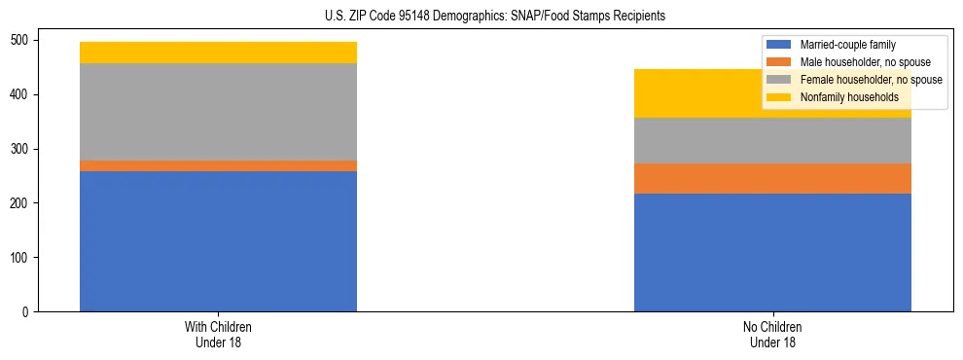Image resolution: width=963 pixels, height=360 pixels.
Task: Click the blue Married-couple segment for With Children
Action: [x=218, y=241]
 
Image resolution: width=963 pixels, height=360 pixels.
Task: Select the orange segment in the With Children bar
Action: [x=218, y=166]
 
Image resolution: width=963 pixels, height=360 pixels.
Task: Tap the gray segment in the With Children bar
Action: [x=218, y=112]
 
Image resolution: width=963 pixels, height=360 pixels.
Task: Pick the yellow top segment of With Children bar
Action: [x=218, y=53]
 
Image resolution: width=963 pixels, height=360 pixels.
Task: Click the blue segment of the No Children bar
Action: [x=772, y=252]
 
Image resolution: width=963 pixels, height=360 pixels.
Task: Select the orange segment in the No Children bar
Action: [x=772, y=179]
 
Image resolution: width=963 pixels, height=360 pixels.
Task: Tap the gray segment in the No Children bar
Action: [x=772, y=141]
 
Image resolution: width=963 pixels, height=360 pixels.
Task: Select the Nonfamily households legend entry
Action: [x=842, y=97]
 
